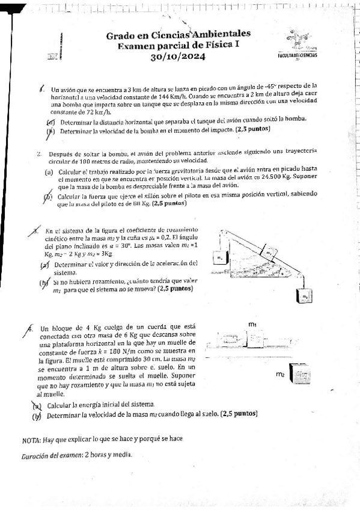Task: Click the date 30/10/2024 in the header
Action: coord(178,57)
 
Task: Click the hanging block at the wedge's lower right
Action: coord(305,296)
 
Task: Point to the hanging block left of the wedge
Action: coord(220,257)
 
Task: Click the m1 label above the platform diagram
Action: coord(252,325)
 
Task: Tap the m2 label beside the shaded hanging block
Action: coord(279,374)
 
